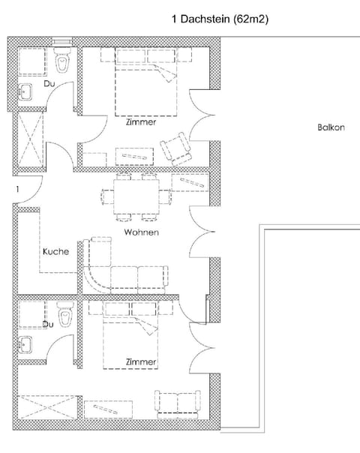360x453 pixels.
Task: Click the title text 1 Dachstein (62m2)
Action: pyautogui.click(x=220, y=19)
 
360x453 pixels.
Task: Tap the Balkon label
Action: pyautogui.click(x=331, y=127)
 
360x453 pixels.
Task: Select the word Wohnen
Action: pyautogui.click(x=141, y=232)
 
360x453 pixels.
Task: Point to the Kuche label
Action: pyautogui.click(x=56, y=251)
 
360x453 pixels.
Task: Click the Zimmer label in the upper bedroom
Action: pyautogui.click(x=141, y=122)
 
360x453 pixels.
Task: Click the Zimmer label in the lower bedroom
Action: pyautogui.click(x=141, y=361)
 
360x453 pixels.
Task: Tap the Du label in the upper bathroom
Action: pyautogui.click(x=49, y=84)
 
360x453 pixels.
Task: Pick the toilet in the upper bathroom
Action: pyautogui.click(x=62, y=60)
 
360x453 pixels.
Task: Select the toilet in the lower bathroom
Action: pyautogui.click(x=65, y=314)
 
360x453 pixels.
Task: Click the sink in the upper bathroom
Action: pyautogui.click(x=25, y=91)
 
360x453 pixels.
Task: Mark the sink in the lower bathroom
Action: pyautogui.click(x=25, y=345)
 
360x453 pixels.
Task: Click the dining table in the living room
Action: pyautogui.click(x=136, y=196)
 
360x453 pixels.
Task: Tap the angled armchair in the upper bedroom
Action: pyautogui.click(x=176, y=148)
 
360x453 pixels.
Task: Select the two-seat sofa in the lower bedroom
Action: pyautogui.click(x=178, y=404)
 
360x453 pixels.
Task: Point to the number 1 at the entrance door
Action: pyautogui.click(x=17, y=189)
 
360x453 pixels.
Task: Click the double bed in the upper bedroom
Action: pyautogui.click(x=146, y=82)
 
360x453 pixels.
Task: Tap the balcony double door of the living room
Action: pyautogui.click(x=202, y=232)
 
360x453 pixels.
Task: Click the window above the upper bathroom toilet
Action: pyautogui.click(x=62, y=41)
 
